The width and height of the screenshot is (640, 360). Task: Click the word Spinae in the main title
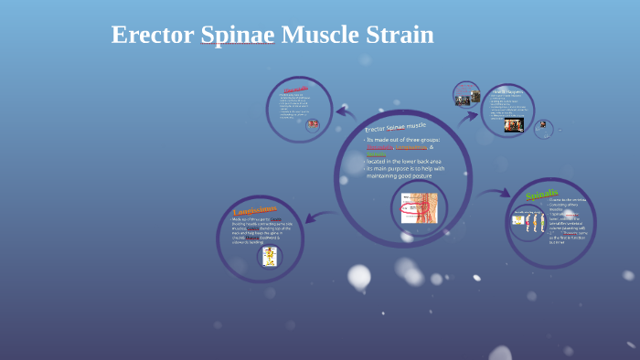point(238,35)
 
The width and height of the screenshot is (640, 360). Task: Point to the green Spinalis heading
point(541,196)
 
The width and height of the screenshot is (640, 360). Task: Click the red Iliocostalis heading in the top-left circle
point(297,89)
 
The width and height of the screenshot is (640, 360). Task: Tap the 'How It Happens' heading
point(507,92)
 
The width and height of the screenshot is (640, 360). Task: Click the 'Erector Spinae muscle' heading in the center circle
point(396,126)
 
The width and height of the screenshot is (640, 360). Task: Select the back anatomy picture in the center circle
point(420,207)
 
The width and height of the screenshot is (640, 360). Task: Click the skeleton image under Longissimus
point(270,257)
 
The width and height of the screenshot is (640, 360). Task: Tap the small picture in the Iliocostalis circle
point(313,123)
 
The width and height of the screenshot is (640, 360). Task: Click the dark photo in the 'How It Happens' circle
point(514,124)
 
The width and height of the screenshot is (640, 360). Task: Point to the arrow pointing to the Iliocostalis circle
point(346,113)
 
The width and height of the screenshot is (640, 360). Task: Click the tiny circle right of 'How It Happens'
point(544,129)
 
